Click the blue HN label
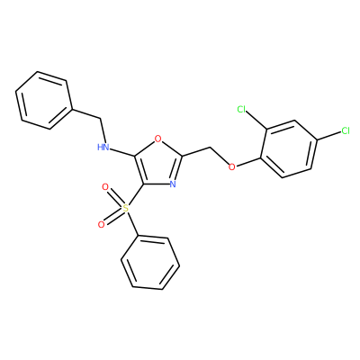pos(103,147)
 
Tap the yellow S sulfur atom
pos(125,208)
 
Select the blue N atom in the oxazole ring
pos(173,184)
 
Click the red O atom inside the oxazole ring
pos(158,139)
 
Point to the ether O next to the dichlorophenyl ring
pos(231,166)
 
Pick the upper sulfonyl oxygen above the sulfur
pos(105,187)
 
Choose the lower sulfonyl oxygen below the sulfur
pos(102,224)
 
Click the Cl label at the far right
pos(346,131)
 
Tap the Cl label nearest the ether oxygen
pos(241,109)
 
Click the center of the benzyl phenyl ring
pos(44,101)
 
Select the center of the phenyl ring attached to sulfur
pos(150,264)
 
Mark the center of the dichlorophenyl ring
pos(290,149)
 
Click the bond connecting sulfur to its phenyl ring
pos(132,222)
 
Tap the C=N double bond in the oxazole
pos(177,168)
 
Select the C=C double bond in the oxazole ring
pos(139,170)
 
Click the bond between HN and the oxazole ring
pos(121,152)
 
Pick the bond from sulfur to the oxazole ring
pos(136,194)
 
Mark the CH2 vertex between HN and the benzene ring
pos(100,120)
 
